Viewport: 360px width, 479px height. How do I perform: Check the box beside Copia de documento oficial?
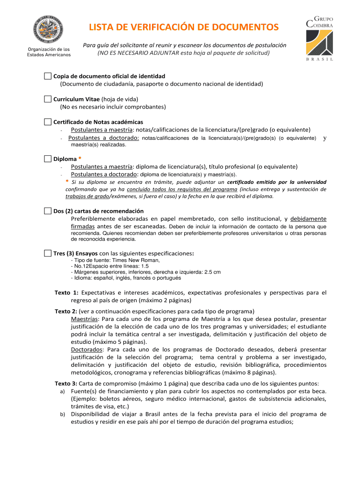[48, 76]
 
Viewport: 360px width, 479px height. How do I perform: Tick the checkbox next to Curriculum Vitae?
[48, 99]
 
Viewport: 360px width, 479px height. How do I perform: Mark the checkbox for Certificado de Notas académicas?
[48, 122]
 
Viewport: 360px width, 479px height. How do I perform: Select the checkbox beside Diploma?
[48, 159]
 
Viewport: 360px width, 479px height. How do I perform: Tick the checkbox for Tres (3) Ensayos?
[48, 253]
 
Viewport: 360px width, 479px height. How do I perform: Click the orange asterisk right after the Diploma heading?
[80, 159]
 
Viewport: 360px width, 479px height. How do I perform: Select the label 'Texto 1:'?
[66, 293]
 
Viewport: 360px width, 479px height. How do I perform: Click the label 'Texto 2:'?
[66, 312]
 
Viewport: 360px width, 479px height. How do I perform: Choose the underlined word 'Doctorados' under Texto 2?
[88, 349]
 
